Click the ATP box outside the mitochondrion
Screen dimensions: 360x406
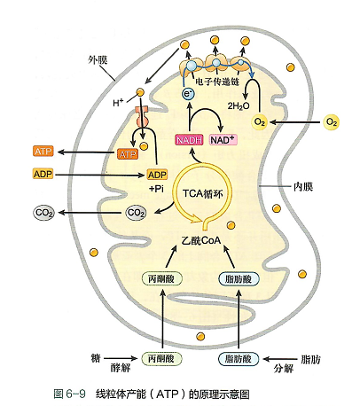[x=43, y=152]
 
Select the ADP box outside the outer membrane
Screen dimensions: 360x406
[x=43, y=174]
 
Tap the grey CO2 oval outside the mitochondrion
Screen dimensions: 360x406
[x=43, y=213]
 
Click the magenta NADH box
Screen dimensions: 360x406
[x=190, y=140]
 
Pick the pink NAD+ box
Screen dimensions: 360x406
[x=223, y=140]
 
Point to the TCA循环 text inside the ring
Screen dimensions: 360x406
[x=202, y=194]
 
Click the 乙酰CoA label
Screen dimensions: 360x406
[x=201, y=240]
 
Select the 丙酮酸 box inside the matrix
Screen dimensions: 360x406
[x=161, y=278]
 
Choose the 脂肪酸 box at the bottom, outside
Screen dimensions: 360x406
[x=239, y=359]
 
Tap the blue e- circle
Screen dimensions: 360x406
[x=188, y=94]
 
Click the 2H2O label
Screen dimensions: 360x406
[x=239, y=105]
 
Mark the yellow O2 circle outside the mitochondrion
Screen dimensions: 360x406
[x=332, y=121]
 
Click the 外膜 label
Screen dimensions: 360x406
[x=98, y=60]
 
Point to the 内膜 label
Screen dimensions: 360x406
[x=303, y=187]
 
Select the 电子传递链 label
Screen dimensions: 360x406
[x=217, y=81]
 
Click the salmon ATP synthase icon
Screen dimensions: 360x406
[x=142, y=116]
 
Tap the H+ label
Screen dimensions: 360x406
[x=118, y=103]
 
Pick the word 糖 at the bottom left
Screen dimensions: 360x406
[x=96, y=358]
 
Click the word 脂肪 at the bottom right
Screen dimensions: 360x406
[x=311, y=359]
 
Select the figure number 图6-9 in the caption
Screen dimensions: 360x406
[x=70, y=394]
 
